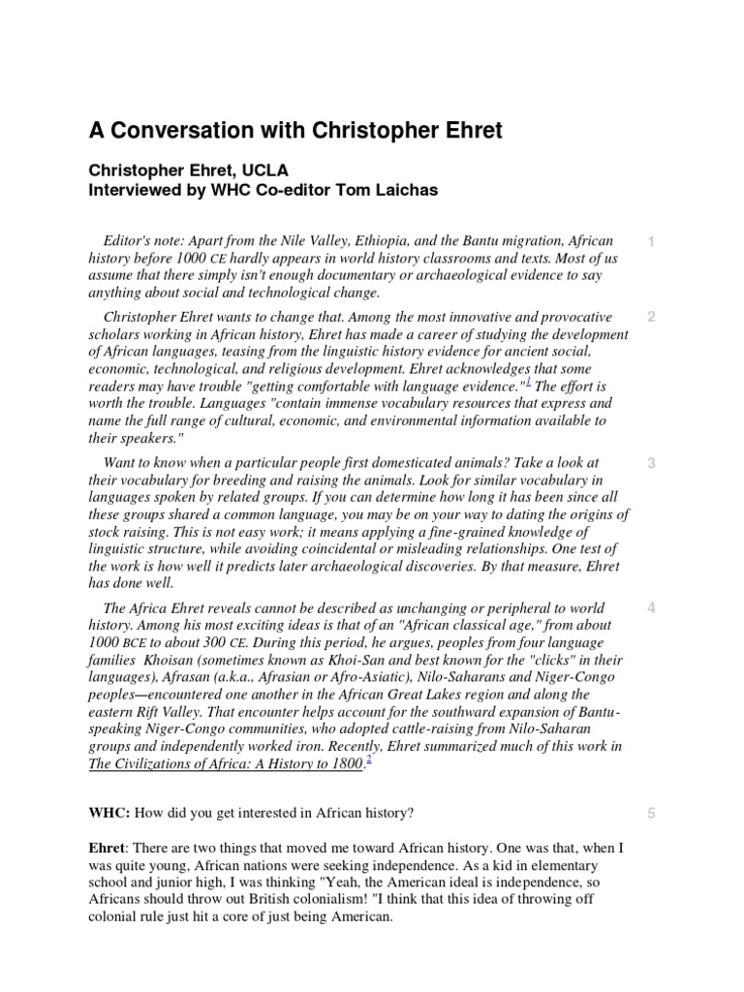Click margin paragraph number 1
click(651, 240)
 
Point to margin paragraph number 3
click(651, 463)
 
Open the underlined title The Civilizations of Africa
click(226, 763)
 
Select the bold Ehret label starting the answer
click(108, 848)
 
